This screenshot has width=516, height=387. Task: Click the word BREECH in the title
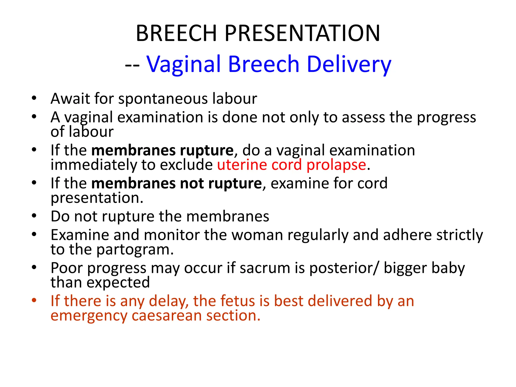click(176, 33)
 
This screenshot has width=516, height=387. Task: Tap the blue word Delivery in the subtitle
click(349, 64)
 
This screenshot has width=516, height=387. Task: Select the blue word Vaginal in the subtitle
click(184, 64)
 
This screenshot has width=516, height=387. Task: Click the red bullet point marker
click(34, 300)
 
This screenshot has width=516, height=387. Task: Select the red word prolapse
click(336, 165)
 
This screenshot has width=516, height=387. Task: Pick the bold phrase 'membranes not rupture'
click(176, 183)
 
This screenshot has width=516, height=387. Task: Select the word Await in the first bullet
click(70, 99)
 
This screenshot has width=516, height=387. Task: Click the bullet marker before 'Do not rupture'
click(34, 216)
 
